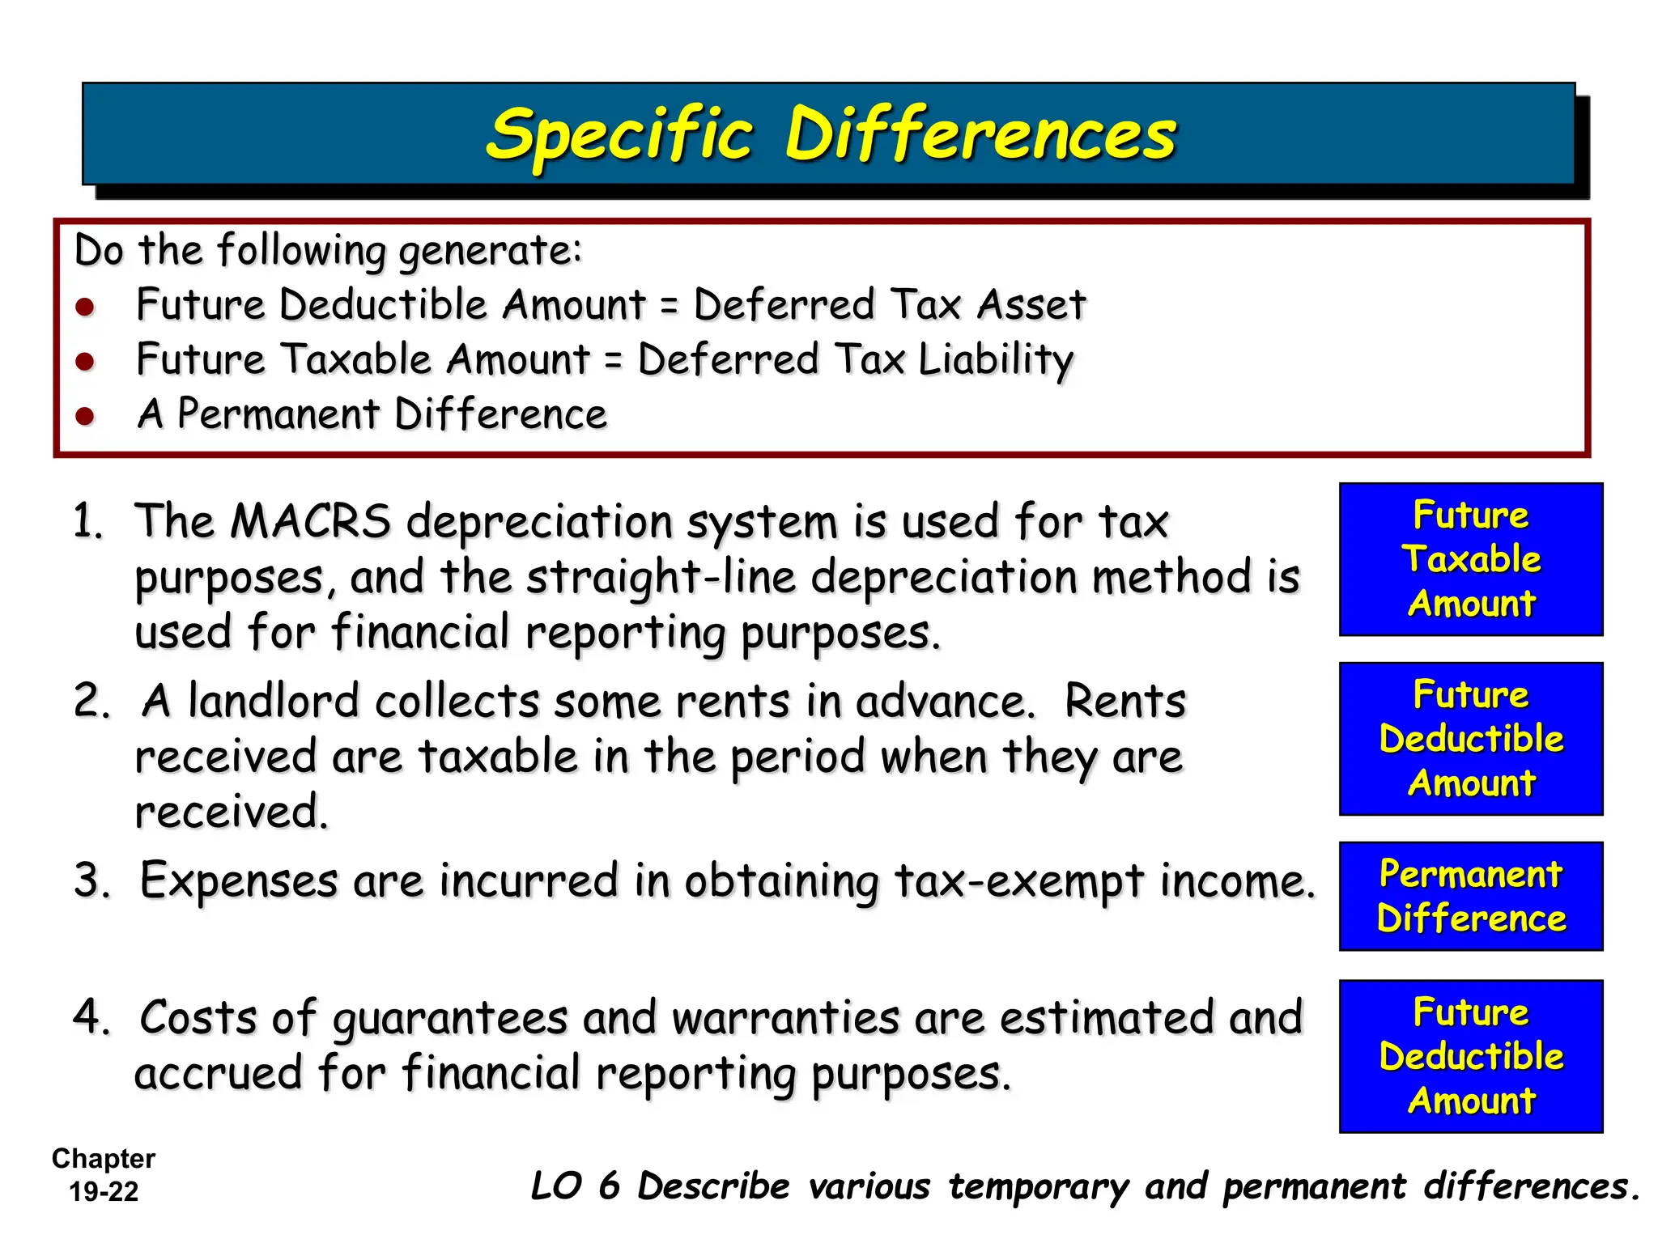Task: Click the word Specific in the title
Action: tap(619, 135)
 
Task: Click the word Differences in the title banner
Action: tap(980, 134)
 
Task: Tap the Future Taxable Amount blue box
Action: tap(1470, 559)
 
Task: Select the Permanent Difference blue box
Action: tap(1470, 896)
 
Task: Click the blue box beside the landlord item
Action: tap(1470, 738)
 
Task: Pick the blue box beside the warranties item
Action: tap(1470, 1056)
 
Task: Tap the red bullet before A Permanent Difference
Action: tap(85, 416)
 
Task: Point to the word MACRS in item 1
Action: tap(310, 520)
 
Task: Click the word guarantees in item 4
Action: tap(450, 1019)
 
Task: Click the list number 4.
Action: tap(91, 1017)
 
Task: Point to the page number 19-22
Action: tap(104, 1191)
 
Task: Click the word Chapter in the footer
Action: tap(104, 1159)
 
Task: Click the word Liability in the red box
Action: tap(996, 359)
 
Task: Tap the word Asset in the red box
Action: tap(1031, 305)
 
